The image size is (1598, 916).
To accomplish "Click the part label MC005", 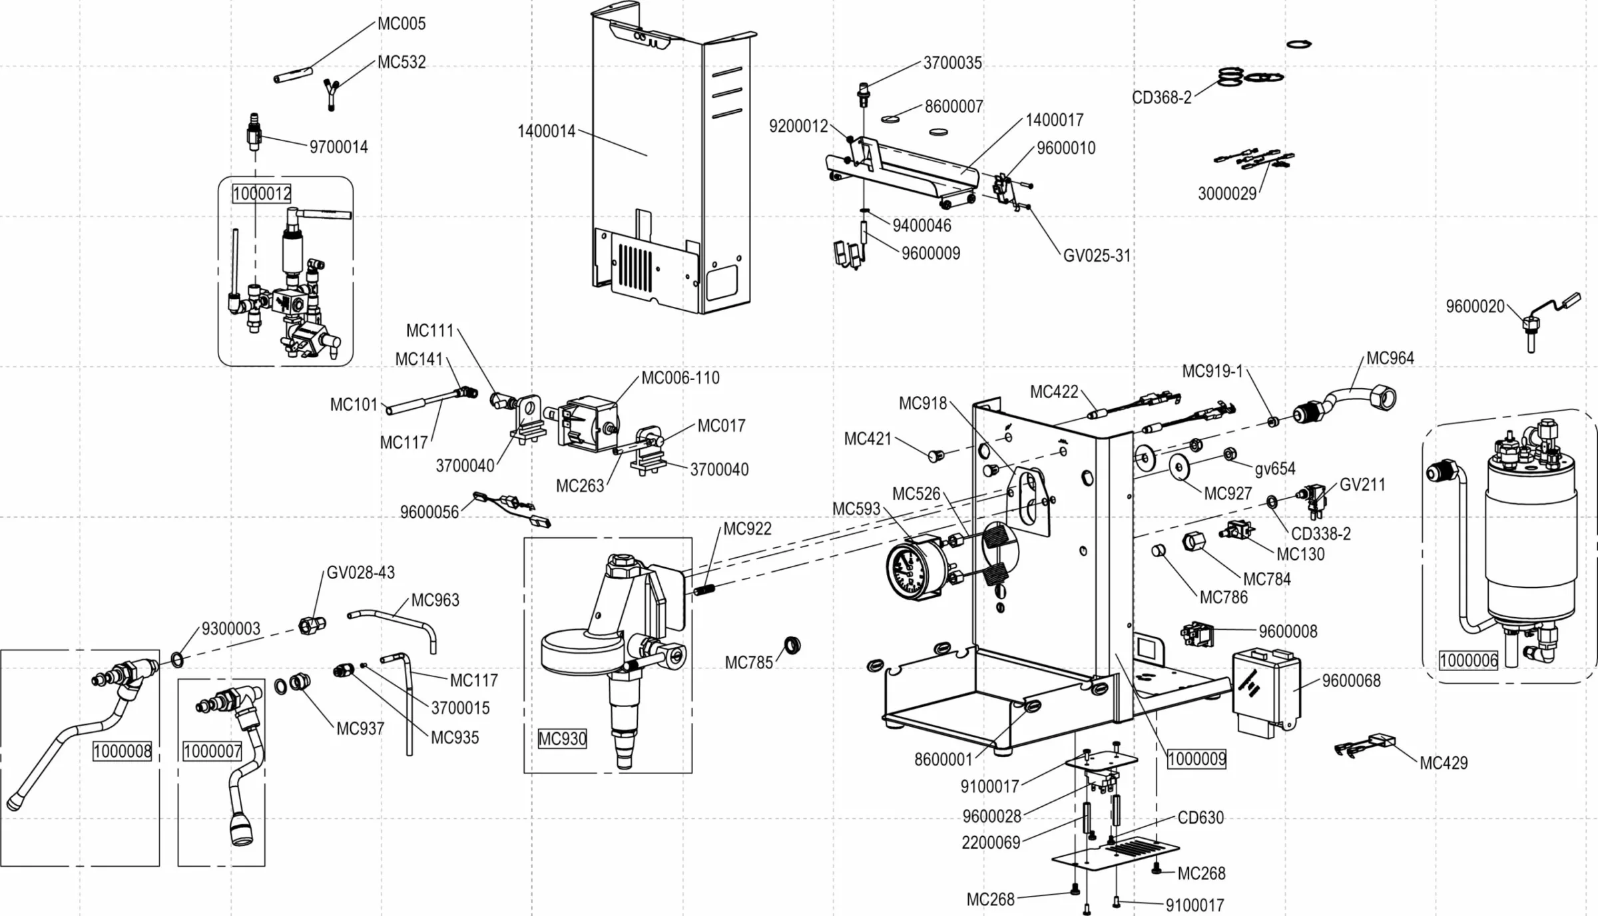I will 401,24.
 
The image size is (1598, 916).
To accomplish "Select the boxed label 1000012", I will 262,194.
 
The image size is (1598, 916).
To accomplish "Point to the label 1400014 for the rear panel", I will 546,131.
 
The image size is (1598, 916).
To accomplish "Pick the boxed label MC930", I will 562,738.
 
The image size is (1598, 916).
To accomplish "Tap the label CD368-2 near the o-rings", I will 1161,98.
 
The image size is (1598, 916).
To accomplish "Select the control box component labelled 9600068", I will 1265,692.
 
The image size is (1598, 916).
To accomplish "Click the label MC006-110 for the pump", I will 680,378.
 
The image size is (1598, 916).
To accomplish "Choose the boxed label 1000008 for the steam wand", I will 122,752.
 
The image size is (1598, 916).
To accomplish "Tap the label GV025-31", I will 1097,256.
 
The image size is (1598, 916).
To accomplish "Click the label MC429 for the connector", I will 1444,763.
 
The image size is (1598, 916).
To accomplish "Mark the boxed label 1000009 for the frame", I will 1197,759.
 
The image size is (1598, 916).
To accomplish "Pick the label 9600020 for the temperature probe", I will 1475,307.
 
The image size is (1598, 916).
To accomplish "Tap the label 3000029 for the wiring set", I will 1226,194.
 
